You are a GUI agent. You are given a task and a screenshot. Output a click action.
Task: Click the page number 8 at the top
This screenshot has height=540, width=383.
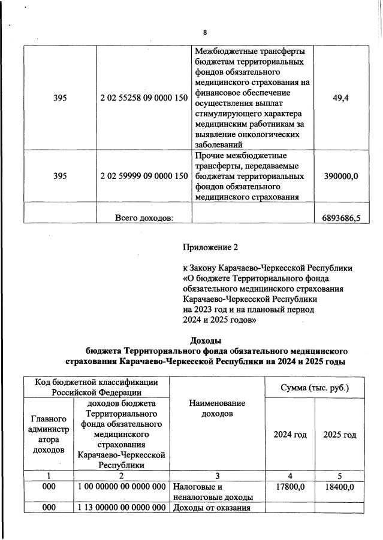[x=204, y=32]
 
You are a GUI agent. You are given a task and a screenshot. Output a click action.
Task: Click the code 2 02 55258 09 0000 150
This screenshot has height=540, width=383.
[x=144, y=98]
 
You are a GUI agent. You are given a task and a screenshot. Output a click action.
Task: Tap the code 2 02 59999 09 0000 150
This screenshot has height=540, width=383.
[x=144, y=176]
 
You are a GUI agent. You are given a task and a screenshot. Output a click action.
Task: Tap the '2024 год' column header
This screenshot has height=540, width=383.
[x=289, y=434]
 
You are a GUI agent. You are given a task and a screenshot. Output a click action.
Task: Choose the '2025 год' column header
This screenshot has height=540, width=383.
[x=339, y=434]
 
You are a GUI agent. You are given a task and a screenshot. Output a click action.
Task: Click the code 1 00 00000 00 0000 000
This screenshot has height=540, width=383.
[x=122, y=487]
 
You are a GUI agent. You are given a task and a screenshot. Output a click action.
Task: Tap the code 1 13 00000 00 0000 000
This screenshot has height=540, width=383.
[x=122, y=508]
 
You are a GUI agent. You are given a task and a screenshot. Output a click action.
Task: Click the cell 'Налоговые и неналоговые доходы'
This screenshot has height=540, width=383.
[x=210, y=492]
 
